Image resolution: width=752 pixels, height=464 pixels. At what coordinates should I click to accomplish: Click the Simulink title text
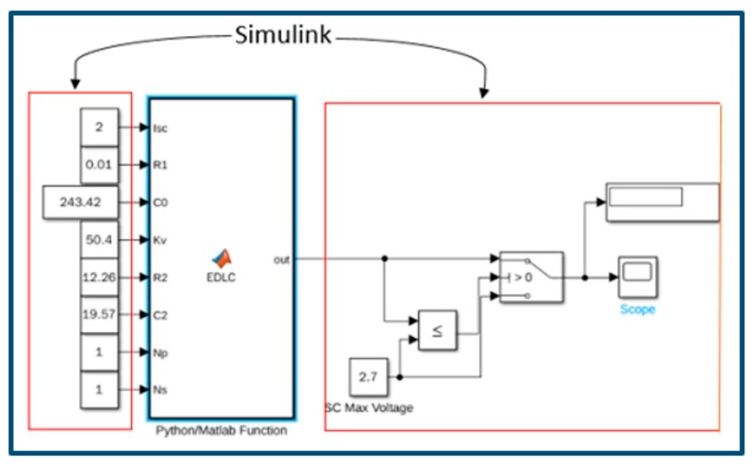[x=283, y=35]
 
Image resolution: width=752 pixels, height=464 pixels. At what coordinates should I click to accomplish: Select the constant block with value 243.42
[x=80, y=202]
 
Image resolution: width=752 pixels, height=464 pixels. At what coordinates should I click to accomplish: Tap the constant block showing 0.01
[x=99, y=165]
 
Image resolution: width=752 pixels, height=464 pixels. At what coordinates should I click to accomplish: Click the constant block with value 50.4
[x=99, y=240]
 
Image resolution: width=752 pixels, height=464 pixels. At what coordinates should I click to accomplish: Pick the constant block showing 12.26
[x=99, y=278]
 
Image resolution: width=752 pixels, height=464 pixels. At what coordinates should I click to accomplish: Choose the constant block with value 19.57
[x=99, y=315]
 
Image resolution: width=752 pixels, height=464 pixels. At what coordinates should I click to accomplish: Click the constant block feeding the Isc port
[x=99, y=127]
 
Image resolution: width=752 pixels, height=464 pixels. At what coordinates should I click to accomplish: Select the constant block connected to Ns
[x=99, y=390]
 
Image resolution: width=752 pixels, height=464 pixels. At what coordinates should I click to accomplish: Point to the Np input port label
[x=160, y=353]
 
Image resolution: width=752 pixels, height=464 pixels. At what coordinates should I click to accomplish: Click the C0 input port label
[x=160, y=203]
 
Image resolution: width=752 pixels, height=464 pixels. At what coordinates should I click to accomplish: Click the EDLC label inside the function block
[x=221, y=278]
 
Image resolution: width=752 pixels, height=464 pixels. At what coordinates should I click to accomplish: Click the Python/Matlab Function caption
[x=221, y=431]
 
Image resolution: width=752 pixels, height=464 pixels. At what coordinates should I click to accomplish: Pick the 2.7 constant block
[x=368, y=377]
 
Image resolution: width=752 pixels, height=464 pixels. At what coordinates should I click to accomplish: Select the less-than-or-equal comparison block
[x=437, y=330]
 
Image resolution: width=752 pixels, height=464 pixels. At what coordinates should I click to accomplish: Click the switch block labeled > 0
[x=531, y=278]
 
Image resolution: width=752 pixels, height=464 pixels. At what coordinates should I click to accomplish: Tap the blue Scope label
[x=638, y=310]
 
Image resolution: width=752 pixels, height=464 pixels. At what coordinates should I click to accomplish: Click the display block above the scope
[x=662, y=202]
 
